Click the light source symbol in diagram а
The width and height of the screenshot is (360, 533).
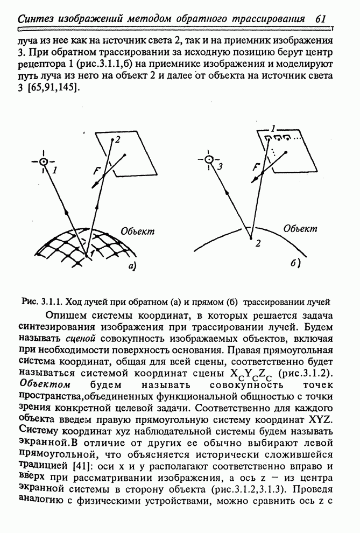coord(44,162)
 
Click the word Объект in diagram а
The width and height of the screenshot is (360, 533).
coord(137,232)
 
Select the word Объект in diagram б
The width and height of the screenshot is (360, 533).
coord(300,228)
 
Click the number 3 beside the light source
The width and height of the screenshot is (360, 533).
coord(220,166)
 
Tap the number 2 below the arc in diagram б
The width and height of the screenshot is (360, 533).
coord(258,243)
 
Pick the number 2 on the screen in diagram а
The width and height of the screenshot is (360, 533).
coord(117,140)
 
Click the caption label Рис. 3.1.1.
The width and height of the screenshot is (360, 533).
coord(40,300)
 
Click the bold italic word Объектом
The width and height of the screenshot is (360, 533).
coord(45,385)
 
